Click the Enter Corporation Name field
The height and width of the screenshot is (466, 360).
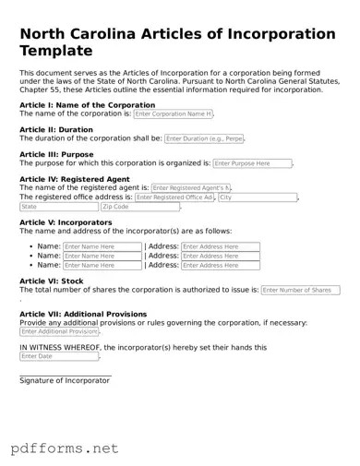point(174,114)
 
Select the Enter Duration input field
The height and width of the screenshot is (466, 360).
point(204,138)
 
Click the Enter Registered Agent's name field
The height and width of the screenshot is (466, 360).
point(191,187)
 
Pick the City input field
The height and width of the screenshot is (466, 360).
point(258,197)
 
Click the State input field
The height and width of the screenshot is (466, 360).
point(57,208)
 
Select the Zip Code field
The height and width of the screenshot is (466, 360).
point(146,208)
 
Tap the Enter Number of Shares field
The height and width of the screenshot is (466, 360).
point(300,290)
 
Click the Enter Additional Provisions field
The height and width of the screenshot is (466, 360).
point(59,332)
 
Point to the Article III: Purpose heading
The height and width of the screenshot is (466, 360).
point(56,155)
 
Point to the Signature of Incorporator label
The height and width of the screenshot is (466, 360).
point(65,380)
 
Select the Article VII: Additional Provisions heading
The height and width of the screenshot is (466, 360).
point(84,315)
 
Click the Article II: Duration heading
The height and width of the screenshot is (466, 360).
point(55,130)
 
